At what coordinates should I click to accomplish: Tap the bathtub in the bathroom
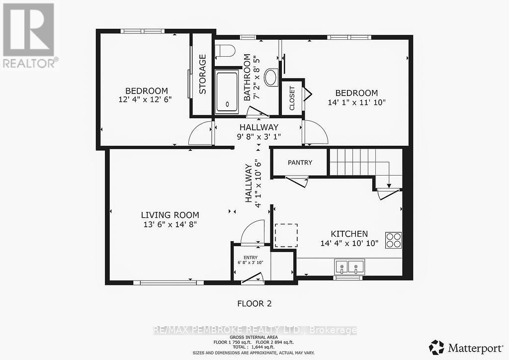click(x=227, y=92)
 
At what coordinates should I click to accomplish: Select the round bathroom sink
click(x=271, y=77)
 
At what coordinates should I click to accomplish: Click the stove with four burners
click(x=393, y=240)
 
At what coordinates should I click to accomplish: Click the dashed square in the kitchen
click(x=286, y=235)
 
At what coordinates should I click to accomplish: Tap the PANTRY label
click(x=300, y=163)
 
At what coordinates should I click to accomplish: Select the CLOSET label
click(x=292, y=98)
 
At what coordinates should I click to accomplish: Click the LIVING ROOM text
click(x=170, y=215)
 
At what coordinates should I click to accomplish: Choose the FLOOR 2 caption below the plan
click(x=254, y=303)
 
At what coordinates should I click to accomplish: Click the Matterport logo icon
click(x=436, y=347)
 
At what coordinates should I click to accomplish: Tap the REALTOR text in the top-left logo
click(x=29, y=63)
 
